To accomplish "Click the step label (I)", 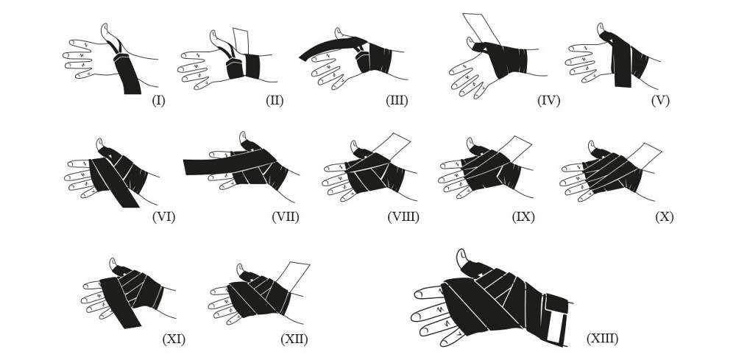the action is click(x=158, y=100).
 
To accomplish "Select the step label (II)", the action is click(x=274, y=100).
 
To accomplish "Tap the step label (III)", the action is click(x=397, y=100).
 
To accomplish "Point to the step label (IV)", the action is click(x=549, y=100).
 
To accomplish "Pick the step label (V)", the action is click(x=660, y=100).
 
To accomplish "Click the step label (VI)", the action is click(x=164, y=217).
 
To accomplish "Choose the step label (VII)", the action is click(x=286, y=217).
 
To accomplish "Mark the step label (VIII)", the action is click(x=403, y=217).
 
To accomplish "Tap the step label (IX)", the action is click(x=523, y=217).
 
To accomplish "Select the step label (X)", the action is click(x=664, y=217).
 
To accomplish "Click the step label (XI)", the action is click(x=174, y=339).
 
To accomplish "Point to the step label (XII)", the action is click(x=294, y=339).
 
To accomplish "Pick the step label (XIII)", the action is click(x=602, y=339).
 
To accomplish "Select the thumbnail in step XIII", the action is click(x=461, y=255).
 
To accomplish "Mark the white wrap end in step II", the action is click(x=241, y=42).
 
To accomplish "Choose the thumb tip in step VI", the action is click(x=99, y=142).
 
